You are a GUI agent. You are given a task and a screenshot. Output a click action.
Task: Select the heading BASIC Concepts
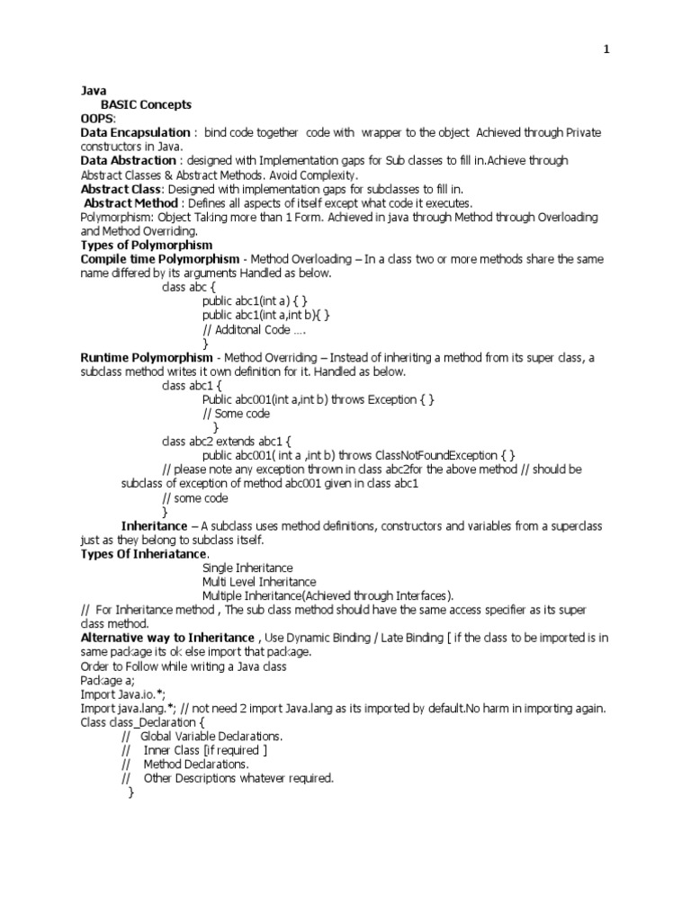[x=147, y=105]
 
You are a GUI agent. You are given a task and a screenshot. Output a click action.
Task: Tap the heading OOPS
[x=98, y=119]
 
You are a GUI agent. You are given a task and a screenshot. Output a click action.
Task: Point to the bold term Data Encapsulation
[x=135, y=133]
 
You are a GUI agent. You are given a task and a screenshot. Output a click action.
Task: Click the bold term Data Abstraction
[x=129, y=161]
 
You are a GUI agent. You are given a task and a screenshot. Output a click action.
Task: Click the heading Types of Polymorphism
[x=147, y=245]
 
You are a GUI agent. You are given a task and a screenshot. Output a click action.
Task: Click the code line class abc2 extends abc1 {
[x=227, y=442]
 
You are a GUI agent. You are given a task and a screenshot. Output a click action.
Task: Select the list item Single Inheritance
[x=247, y=568]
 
